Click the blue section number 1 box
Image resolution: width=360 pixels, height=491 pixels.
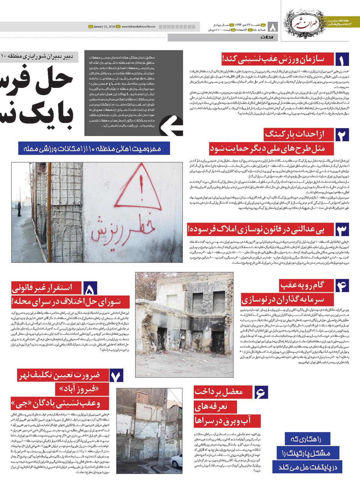342,59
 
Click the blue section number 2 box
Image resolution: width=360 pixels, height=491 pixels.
342,135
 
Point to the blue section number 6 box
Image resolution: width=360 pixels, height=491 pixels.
261,392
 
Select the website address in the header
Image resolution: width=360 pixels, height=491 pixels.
139,27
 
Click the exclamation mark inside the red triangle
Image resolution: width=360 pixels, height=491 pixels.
141,190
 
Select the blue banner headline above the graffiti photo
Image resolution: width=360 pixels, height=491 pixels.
94,148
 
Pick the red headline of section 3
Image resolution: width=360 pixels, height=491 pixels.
260,230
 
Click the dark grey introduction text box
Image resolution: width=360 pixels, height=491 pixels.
133,93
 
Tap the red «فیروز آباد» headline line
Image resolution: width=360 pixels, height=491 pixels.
77,389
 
